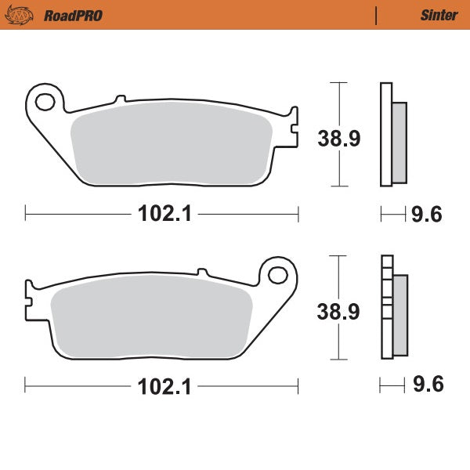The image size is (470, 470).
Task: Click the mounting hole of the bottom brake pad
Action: tap(278, 275)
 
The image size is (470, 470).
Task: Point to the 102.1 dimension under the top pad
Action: tap(163, 212)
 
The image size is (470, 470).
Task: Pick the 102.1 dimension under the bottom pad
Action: tap(163, 386)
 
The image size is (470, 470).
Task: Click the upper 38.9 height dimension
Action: tap(338, 139)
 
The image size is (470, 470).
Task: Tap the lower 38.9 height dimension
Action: tap(338, 312)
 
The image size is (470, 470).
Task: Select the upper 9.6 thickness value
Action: tap(427, 213)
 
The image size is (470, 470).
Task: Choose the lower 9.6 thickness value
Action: tap(427, 385)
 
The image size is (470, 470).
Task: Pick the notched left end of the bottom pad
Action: tap(30, 299)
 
